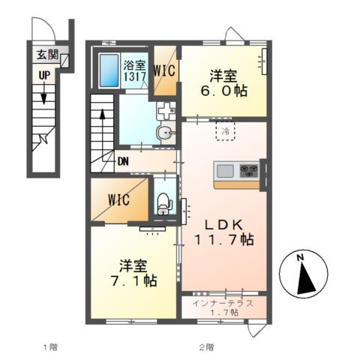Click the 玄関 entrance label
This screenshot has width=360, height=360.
(47, 55)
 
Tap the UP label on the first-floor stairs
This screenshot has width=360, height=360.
(44, 76)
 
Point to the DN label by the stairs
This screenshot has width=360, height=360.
(123, 162)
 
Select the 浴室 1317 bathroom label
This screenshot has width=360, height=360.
(134, 71)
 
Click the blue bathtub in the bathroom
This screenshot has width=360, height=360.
(109, 70)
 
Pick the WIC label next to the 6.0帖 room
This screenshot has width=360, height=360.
(164, 70)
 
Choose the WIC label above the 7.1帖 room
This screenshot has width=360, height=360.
(119, 199)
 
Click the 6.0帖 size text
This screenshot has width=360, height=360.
(223, 91)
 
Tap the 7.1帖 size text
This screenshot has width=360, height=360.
(134, 280)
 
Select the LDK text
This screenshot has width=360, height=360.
(224, 225)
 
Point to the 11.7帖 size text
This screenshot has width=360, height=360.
(224, 239)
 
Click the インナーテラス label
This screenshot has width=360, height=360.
(223, 304)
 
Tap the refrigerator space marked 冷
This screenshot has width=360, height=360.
(226, 131)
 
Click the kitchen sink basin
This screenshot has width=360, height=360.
(225, 171)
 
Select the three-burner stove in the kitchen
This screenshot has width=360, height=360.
(249, 171)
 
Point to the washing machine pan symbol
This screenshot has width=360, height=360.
(166, 110)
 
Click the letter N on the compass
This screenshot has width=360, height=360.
(300, 257)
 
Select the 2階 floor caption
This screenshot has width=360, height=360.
(206, 347)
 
